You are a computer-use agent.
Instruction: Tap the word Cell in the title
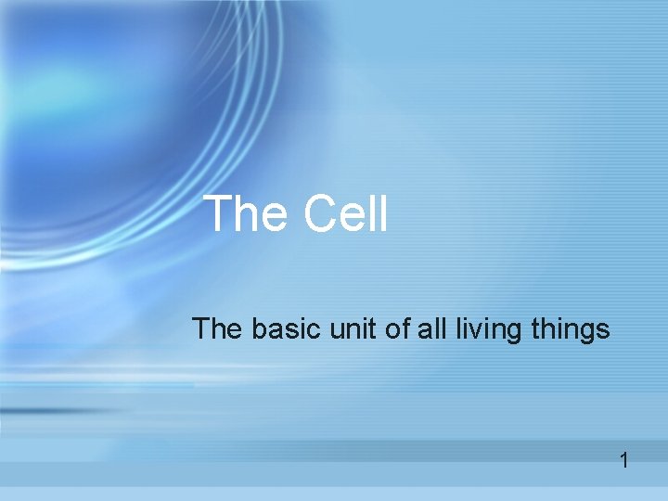pos(344,214)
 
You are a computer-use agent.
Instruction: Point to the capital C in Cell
pos(319,214)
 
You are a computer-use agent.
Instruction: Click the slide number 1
pos(624,460)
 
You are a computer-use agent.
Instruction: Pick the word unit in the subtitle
pos(351,328)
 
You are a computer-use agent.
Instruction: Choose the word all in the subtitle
pos(430,328)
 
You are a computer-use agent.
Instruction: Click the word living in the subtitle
pos(483,330)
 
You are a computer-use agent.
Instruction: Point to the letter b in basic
pos(254,328)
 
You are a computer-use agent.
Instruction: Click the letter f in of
pos(405,328)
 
